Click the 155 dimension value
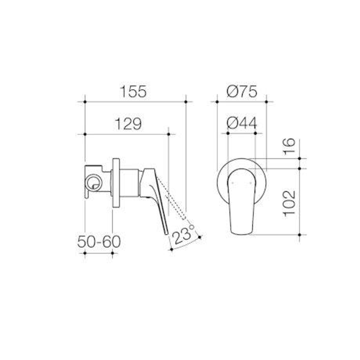(133, 92)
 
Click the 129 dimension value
(128, 124)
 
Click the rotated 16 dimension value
(289, 147)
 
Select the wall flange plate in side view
(116, 183)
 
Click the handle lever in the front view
(242, 200)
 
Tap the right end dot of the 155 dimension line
(186, 101)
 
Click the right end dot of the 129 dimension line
(169, 134)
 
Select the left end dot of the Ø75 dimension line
(217, 101)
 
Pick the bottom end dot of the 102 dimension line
(300, 235)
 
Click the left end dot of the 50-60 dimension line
(85, 253)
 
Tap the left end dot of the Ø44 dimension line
(228, 133)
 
